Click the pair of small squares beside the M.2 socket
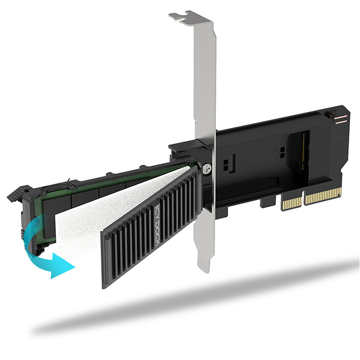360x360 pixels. coord(281,152)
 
